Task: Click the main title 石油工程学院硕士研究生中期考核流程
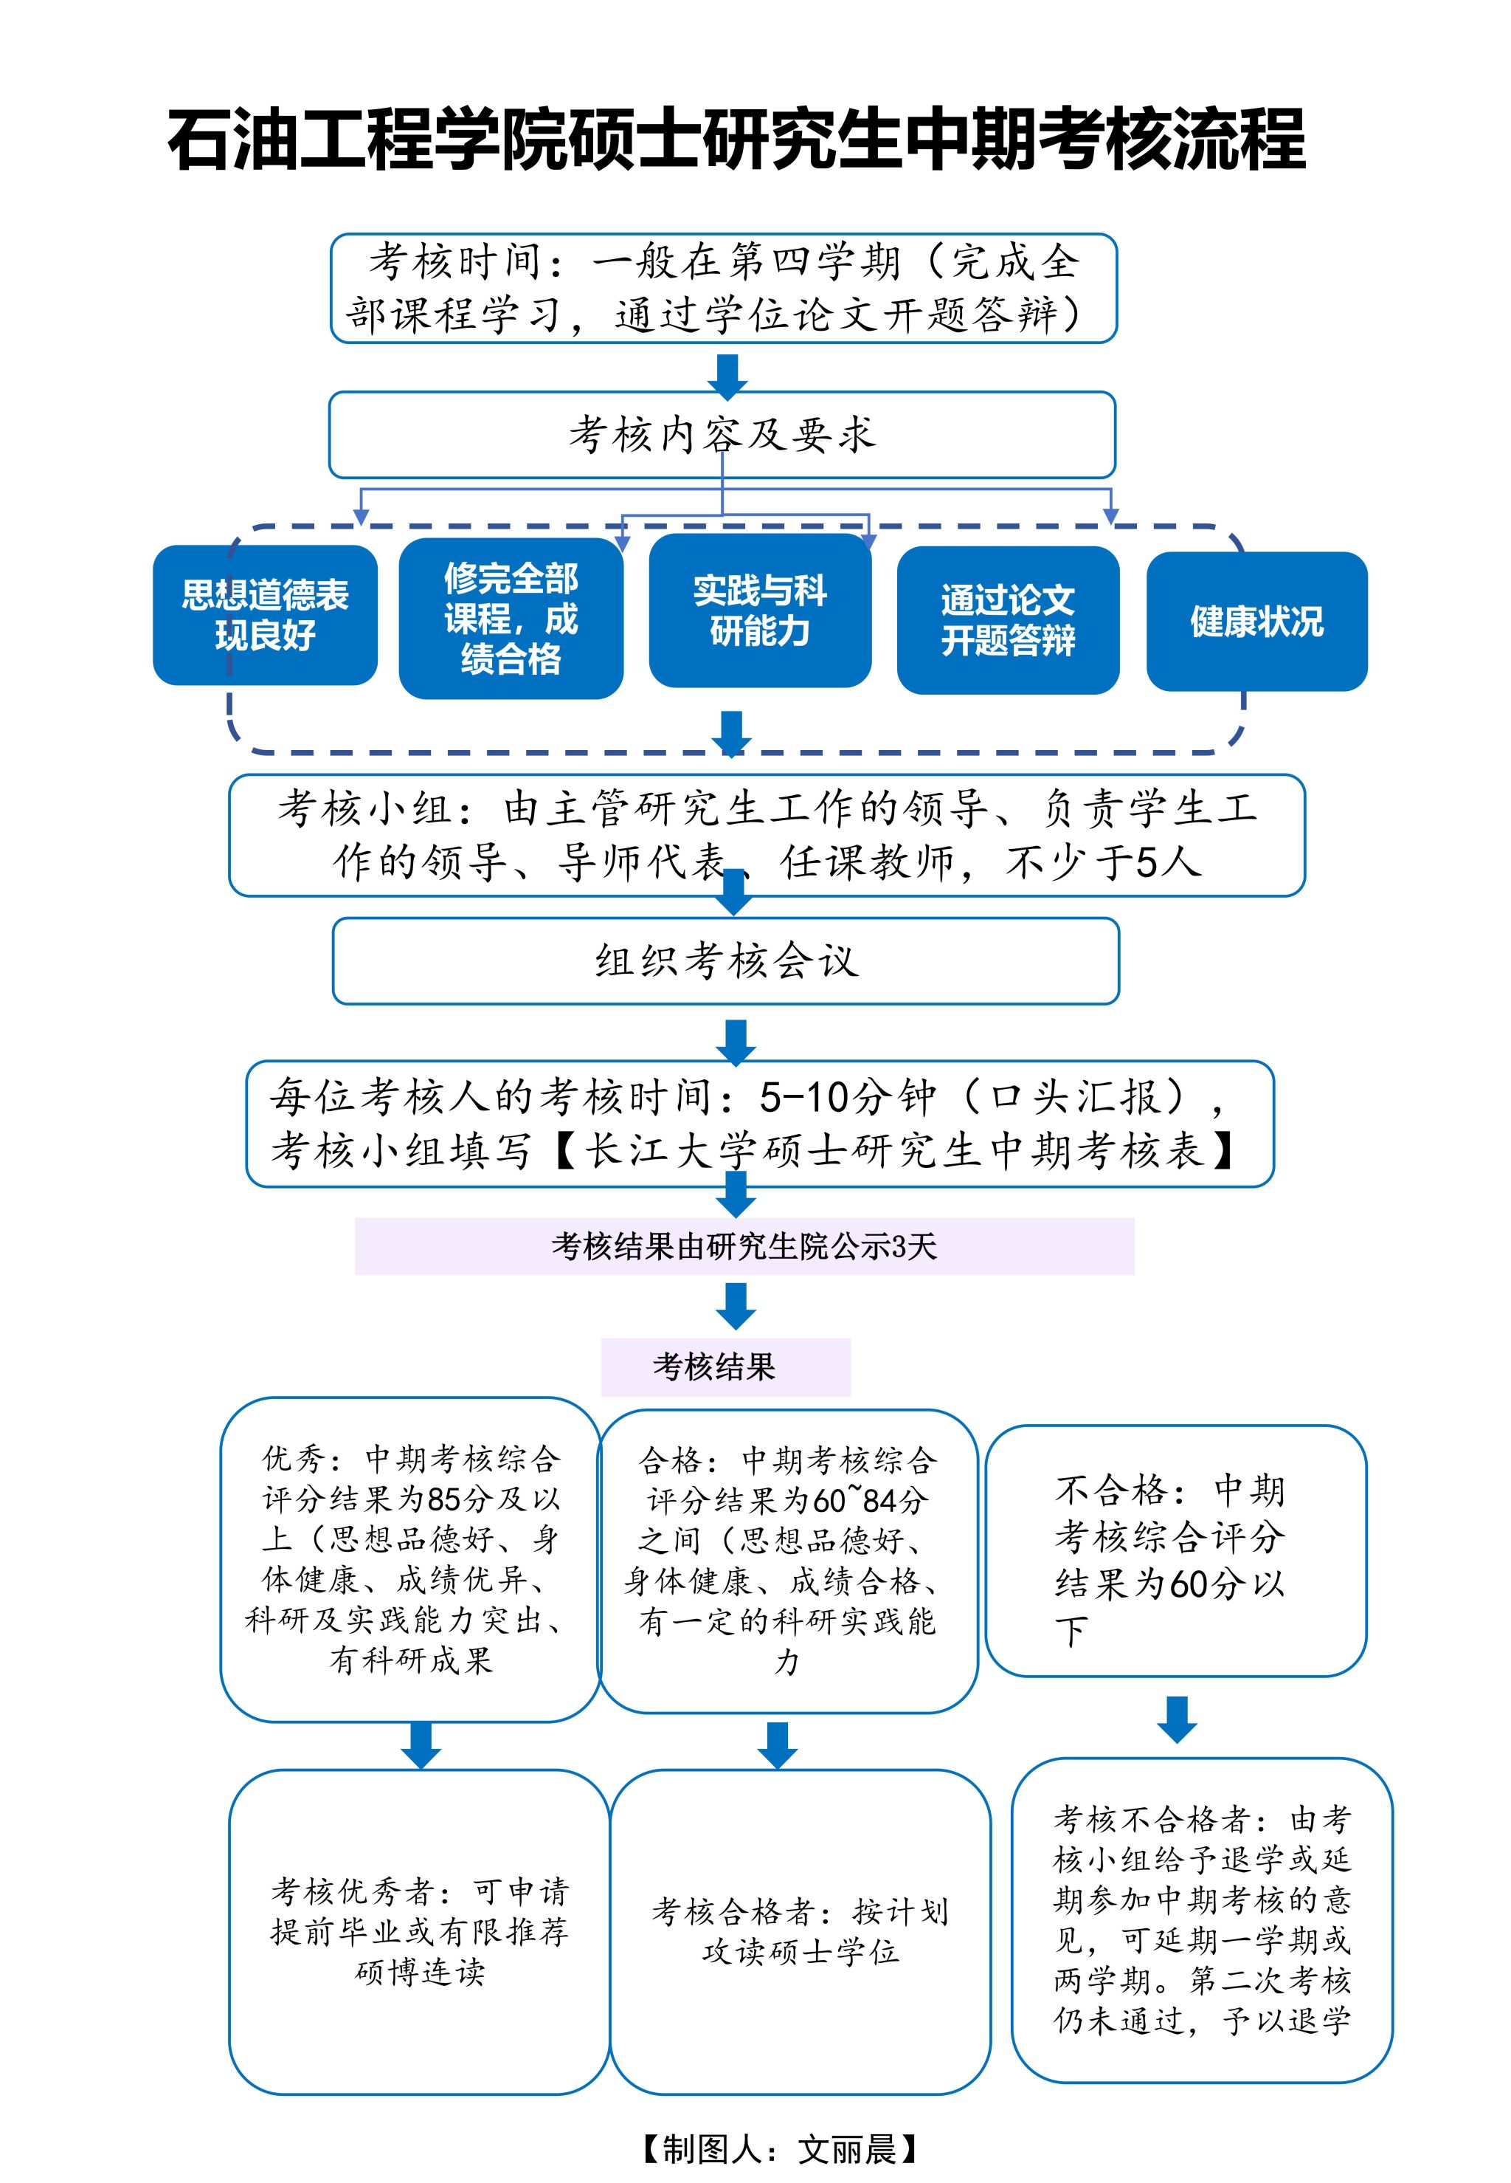(736, 140)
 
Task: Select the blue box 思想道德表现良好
(265, 615)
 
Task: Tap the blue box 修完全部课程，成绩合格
(511, 619)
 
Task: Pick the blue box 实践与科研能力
(759, 611)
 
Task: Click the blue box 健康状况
(1256, 622)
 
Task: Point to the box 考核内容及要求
(722, 435)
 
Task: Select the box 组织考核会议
(726, 960)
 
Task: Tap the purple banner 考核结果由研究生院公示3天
(744, 1246)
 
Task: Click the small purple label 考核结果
(725, 1366)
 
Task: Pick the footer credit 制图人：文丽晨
(778, 2150)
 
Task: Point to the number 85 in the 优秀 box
(444, 1499)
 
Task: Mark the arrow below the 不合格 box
(1177, 1719)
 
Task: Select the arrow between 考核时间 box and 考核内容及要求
(728, 376)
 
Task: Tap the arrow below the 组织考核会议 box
(736, 1042)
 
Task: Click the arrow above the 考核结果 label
(736, 1306)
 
